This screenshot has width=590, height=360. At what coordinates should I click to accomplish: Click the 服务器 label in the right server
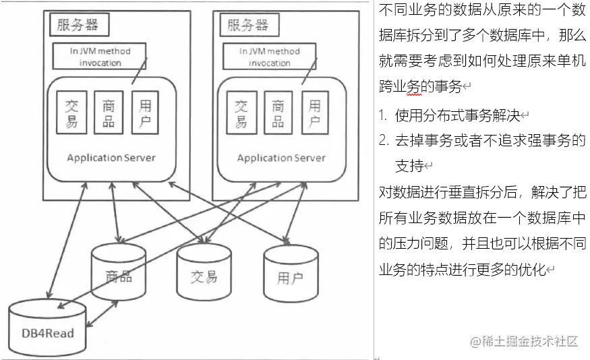click(247, 26)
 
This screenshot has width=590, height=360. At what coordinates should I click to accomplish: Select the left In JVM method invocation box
click(100, 57)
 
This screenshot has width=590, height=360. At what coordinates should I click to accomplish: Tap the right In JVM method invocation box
click(270, 57)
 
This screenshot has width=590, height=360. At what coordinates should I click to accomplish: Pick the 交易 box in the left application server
click(71, 113)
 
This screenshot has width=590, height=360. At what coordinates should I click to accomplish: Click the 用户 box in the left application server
click(145, 113)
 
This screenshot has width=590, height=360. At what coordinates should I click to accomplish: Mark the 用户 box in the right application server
click(314, 113)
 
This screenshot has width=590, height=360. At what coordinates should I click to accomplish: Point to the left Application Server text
click(111, 158)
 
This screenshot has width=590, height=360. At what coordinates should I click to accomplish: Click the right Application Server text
click(281, 158)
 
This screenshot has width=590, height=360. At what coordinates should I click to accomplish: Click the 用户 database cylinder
click(290, 276)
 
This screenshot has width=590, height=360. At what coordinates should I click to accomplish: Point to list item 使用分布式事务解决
click(458, 115)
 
